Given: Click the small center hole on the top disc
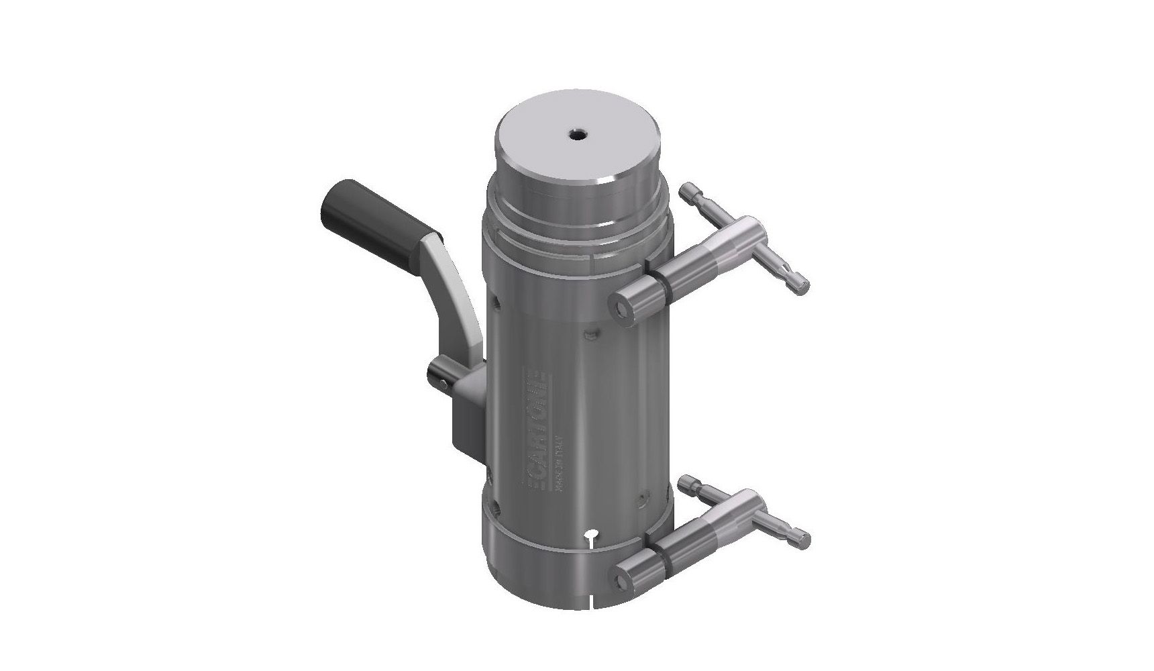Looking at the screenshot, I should [x=576, y=135].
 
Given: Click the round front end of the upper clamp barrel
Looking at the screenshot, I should [x=621, y=306].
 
